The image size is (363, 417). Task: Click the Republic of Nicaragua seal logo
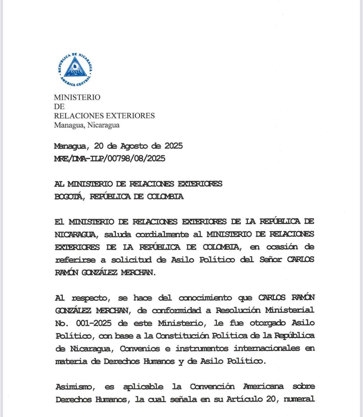point(75,70)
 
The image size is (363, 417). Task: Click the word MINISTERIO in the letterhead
point(77,97)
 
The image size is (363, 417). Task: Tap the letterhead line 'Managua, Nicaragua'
point(87,125)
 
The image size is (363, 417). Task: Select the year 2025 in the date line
point(174,146)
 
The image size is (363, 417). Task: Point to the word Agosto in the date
point(134,146)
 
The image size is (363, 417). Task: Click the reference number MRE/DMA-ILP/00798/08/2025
point(110,158)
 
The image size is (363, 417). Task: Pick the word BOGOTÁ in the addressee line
point(68,197)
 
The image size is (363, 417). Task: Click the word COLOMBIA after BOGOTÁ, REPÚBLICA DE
point(165,197)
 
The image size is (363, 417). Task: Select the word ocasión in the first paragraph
point(282,247)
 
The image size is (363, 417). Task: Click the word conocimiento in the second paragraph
point(205,298)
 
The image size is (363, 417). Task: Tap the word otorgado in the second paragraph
point(268,323)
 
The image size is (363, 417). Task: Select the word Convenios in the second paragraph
point(140,348)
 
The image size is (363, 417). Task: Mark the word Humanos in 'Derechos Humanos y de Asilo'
point(159,361)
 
